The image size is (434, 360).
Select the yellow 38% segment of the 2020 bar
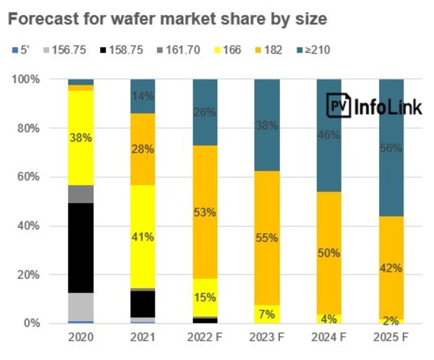pyautogui.click(x=81, y=137)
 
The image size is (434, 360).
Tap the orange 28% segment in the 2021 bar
pyautogui.click(x=143, y=149)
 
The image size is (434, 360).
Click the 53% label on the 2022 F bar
pyautogui.click(x=206, y=213)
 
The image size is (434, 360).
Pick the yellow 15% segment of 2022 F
pyautogui.click(x=206, y=296)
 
